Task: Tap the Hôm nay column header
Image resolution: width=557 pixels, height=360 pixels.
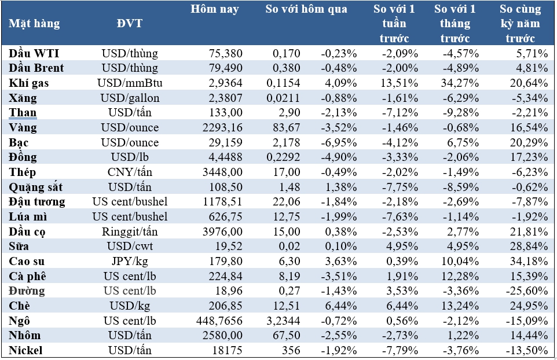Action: [x=215, y=9]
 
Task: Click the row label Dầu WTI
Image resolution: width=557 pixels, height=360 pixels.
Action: [x=34, y=53]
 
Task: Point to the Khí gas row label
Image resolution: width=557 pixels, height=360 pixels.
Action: [x=29, y=83]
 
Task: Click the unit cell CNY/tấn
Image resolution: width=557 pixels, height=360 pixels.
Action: [x=130, y=172]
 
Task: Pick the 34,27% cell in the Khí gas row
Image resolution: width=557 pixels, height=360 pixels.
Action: [x=459, y=83]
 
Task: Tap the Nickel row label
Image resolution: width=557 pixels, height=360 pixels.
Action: [x=26, y=350]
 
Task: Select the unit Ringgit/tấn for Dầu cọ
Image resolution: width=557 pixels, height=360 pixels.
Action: [x=130, y=232]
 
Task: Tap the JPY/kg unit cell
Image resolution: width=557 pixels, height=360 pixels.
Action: [x=130, y=261]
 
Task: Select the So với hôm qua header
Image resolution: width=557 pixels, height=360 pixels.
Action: [x=306, y=9]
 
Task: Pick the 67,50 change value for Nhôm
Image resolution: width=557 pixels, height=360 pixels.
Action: [x=287, y=335]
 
